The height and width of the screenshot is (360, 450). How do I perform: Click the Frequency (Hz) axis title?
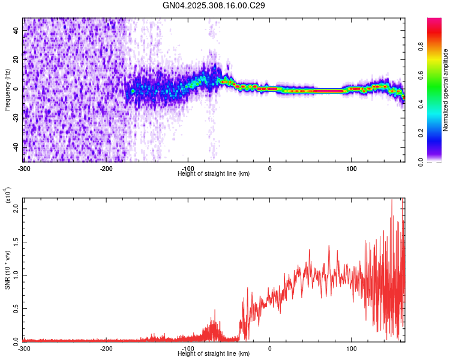tap(7, 90)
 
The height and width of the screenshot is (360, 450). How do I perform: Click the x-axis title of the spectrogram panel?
tap(214, 173)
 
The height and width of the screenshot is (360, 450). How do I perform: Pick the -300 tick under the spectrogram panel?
tap(24, 168)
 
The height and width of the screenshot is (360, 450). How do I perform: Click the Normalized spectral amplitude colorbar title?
tap(446, 90)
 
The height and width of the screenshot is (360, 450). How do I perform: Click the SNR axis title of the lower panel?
tap(7, 270)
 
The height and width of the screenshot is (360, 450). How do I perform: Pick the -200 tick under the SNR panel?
tap(106, 348)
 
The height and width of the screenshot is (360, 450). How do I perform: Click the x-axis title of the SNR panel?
tap(214, 353)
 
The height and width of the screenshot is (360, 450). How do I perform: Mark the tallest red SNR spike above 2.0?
tap(392, 201)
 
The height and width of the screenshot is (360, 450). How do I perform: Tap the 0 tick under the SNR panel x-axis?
tap(269, 348)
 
